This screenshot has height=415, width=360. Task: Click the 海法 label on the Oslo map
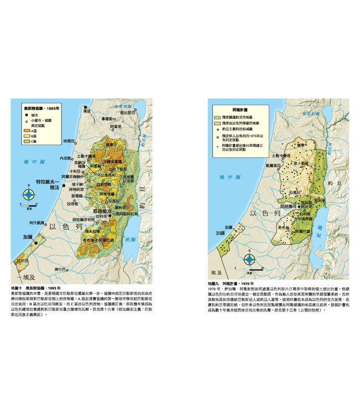(86, 111)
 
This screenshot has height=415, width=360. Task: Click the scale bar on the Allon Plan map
(250, 271)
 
